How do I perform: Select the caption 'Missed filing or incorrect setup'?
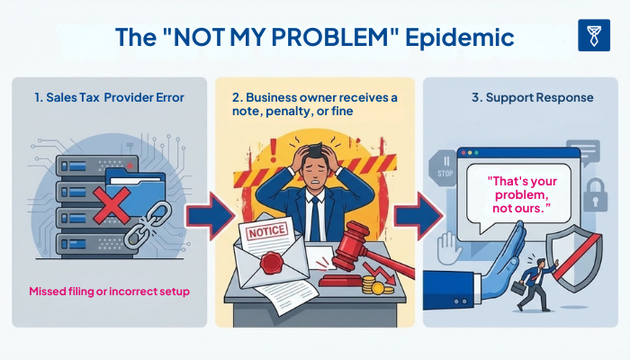click(109, 292)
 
